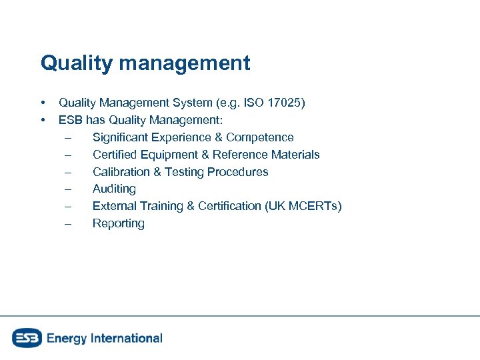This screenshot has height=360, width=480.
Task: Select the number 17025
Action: pyautogui.click(x=285, y=103)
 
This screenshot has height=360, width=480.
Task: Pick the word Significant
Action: pyautogui.click(x=120, y=137)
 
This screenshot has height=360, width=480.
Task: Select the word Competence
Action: pyautogui.click(x=259, y=137)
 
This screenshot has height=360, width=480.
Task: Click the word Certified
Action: pyautogui.click(x=115, y=155)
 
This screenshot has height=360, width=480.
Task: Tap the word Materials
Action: pyautogui.click(x=295, y=155)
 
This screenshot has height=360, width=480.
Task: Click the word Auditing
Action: pyautogui.click(x=114, y=189)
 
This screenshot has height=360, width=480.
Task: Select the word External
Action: pyautogui.click(x=115, y=207)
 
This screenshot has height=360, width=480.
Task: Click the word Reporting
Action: pyautogui.click(x=118, y=224)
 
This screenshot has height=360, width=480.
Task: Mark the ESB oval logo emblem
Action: pyautogui.click(x=27, y=338)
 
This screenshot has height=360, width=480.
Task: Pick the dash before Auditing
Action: pyautogui.click(x=67, y=189)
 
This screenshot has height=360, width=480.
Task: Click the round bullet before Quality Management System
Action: pyautogui.click(x=43, y=103)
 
